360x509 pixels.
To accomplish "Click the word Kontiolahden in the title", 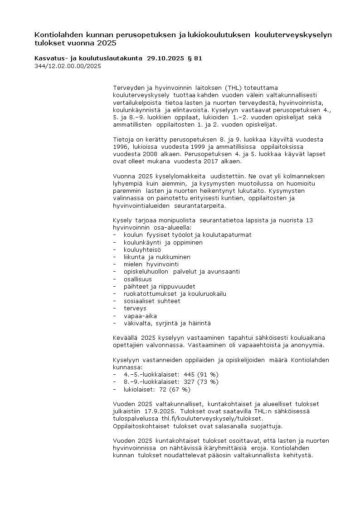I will (58, 35).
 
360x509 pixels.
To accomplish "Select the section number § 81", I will (195, 58).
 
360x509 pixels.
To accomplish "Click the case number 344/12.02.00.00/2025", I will (68, 66).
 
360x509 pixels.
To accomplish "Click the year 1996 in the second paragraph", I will (120, 147).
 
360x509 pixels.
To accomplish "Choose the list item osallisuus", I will (138, 279).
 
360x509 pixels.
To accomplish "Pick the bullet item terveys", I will (135, 308).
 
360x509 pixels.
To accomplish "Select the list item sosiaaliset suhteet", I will (152, 301).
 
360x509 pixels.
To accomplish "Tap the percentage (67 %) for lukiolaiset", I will (180, 389).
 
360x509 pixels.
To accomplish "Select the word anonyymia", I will (308, 345).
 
